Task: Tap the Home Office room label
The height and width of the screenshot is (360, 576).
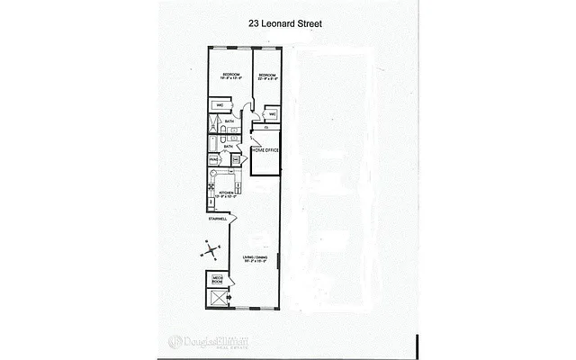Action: click(265, 150)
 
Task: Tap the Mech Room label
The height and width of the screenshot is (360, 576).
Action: click(217, 279)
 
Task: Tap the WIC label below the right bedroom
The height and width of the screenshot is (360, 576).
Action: click(273, 114)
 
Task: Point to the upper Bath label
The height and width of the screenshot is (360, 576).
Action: click(229, 121)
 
